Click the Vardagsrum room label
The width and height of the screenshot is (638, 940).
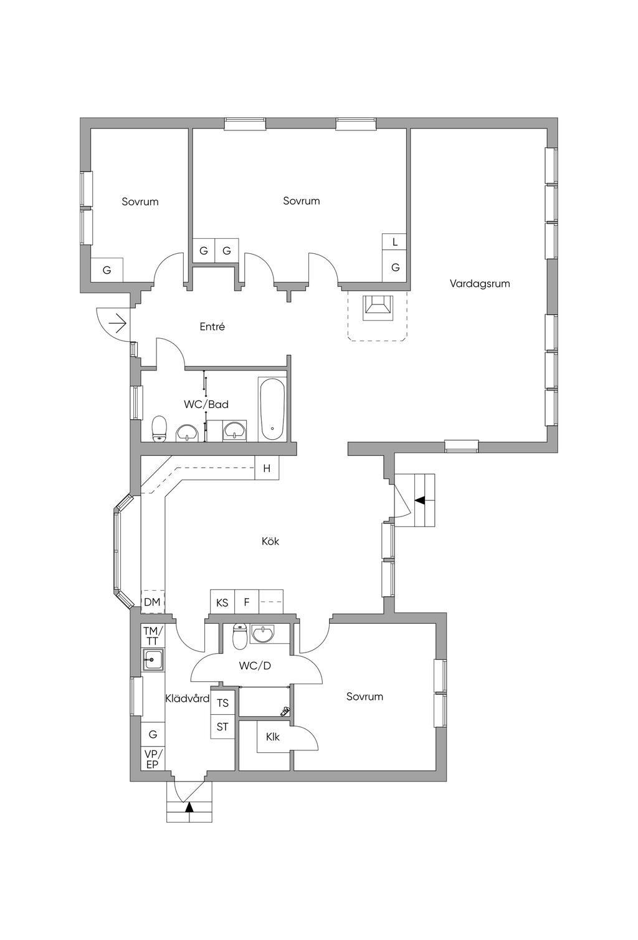coord(480,283)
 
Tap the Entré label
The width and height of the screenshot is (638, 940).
coord(212,326)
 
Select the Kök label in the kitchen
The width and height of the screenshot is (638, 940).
coord(270,541)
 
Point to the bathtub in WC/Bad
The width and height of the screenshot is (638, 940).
coord(272,409)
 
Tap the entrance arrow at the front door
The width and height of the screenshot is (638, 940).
coord(117,323)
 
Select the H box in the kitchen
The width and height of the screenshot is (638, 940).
coord(267,468)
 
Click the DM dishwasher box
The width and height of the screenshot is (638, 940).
coord(152,602)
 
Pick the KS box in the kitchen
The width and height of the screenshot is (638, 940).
coord(222,602)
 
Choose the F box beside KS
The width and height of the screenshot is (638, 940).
coord(247,602)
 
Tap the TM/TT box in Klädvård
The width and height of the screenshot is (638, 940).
coord(153,636)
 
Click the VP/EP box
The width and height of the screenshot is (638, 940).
coord(153,758)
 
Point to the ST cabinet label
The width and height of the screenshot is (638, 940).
coord(222,727)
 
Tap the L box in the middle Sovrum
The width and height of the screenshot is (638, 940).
coord(394,242)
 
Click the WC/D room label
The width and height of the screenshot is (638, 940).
coord(255,666)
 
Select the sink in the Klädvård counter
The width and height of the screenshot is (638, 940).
coord(153,660)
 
